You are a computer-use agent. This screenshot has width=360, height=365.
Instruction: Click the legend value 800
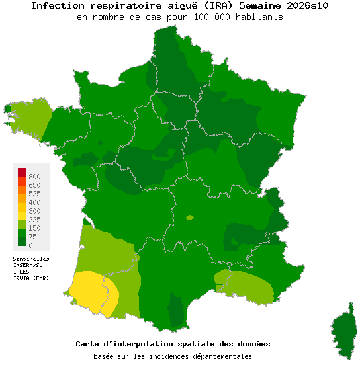click(x=34, y=177)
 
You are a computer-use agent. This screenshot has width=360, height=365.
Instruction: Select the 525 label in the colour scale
click(x=34, y=194)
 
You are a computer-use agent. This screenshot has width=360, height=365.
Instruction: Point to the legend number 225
click(x=34, y=220)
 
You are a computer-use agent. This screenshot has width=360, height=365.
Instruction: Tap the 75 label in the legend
click(x=32, y=237)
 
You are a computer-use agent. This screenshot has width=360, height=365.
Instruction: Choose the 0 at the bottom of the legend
click(x=30, y=245)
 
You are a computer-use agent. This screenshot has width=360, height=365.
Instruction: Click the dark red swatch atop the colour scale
click(x=22, y=173)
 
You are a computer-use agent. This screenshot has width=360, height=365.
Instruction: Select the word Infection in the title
click(x=54, y=5)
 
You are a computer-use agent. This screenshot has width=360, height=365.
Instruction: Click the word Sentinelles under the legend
click(x=31, y=259)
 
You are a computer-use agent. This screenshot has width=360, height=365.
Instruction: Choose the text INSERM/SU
click(x=27, y=265)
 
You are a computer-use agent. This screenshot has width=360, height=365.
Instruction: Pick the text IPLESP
click(x=23, y=272)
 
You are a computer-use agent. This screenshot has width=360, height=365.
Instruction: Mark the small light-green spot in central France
click(x=190, y=217)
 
